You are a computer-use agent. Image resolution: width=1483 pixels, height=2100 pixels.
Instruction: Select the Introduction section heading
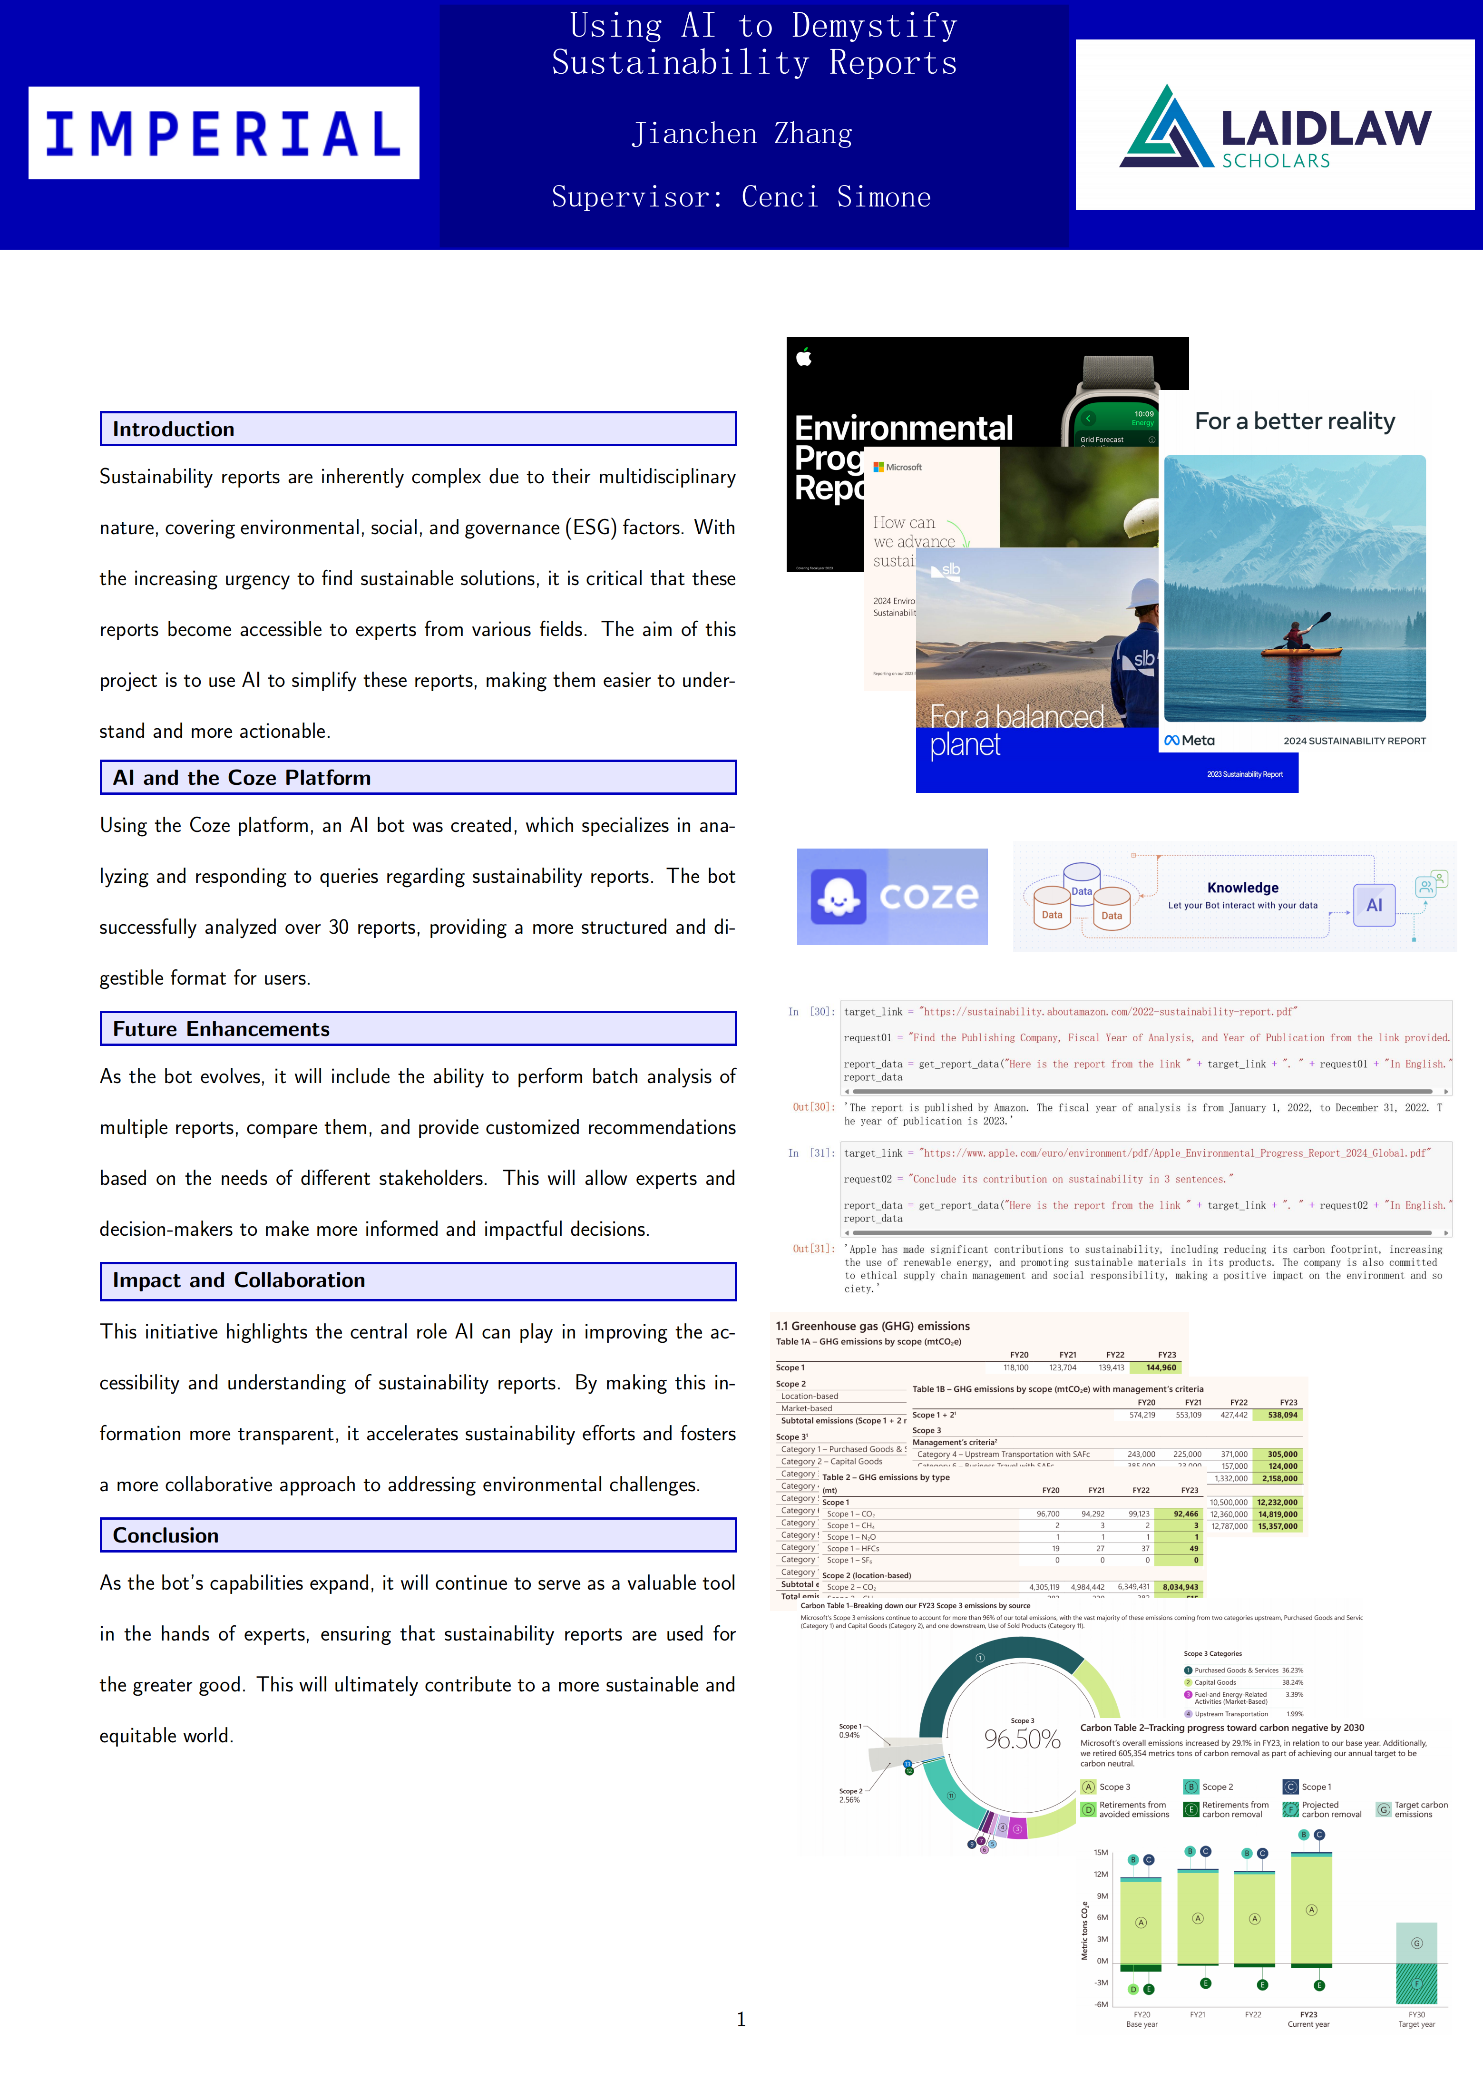(174, 429)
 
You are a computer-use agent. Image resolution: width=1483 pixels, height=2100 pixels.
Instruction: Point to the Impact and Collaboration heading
(239, 1280)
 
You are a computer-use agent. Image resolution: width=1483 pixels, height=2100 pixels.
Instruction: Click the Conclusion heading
(166, 1536)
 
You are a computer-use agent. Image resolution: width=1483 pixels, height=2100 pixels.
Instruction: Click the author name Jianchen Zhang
(741, 135)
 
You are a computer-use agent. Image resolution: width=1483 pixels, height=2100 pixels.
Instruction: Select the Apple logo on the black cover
(805, 357)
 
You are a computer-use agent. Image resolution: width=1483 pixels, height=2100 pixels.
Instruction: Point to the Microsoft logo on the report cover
(878, 468)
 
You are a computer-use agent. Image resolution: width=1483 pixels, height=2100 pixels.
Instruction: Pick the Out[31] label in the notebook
(812, 1249)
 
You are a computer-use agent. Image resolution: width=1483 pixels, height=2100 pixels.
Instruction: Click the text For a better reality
(1295, 421)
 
